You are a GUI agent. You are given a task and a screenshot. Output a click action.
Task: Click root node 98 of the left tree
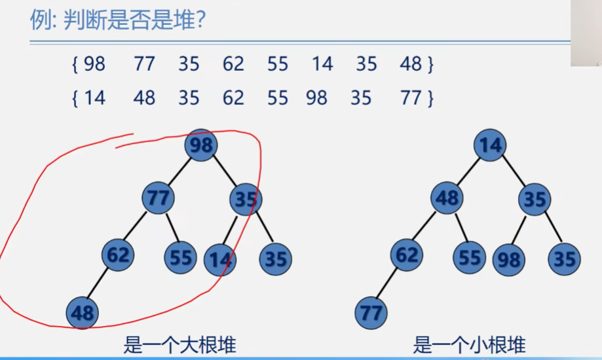(201, 145)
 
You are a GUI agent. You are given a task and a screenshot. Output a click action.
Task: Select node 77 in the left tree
(158, 198)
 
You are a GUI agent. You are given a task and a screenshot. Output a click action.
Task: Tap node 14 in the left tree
(220, 260)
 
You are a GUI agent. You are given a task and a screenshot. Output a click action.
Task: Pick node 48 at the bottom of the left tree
(82, 313)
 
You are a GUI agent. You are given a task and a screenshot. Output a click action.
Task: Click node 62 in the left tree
(118, 255)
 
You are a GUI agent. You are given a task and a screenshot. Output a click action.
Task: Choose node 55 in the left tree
(180, 257)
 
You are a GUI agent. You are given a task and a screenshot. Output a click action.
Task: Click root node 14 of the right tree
(490, 145)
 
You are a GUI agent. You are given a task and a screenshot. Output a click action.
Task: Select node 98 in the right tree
(509, 260)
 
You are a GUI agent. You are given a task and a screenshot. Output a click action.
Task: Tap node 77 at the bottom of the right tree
(371, 313)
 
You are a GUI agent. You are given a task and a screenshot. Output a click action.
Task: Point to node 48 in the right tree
(447, 198)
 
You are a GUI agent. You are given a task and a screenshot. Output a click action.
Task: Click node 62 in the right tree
(407, 255)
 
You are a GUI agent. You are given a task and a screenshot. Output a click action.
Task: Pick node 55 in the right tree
(469, 257)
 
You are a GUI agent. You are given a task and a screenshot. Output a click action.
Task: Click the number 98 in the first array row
(94, 63)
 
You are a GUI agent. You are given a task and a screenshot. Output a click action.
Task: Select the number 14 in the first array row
(322, 63)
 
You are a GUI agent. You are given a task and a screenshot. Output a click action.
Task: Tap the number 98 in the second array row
(317, 98)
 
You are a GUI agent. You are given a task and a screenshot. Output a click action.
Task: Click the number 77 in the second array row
(411, 98)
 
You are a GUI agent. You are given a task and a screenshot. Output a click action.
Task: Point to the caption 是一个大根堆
(179, 345)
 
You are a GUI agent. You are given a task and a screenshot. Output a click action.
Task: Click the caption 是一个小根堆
(469, 345)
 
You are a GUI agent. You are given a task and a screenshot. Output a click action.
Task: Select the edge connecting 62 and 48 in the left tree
(98, 283)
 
